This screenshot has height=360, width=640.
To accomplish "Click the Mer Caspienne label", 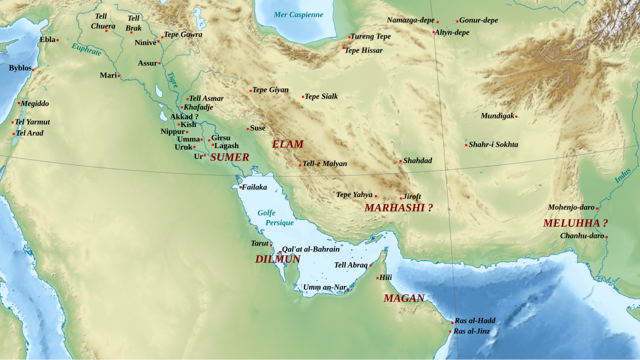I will click(x=298, y=14).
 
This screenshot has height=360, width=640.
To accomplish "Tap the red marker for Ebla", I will click(x=57, y=40).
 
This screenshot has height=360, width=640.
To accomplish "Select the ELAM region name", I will click(x=287, y=144).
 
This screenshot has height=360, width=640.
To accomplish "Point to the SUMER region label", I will click(x=229, y=157).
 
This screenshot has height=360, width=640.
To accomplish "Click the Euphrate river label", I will click(x=86, y=49).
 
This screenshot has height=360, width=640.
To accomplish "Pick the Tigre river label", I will click(x=172, y=80).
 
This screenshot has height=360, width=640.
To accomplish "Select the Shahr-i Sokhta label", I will click(x=493, y=144).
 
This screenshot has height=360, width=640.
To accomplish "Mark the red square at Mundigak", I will click(x=516, y=117).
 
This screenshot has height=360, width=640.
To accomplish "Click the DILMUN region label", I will click(x=277, y=259).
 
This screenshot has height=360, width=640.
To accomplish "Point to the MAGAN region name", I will click(x=404, y=298).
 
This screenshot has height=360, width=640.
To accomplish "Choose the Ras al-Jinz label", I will click(x=471, y=331).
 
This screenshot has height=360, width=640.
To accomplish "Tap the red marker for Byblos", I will click(x=33, y=69).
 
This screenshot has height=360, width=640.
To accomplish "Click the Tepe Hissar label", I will click(x=363, y=50).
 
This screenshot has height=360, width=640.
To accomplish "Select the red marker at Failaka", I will click(x=240, y=187).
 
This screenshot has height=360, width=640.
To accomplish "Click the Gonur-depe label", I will click(x=478, y=20).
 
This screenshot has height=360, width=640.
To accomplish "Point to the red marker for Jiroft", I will click(x=401, y=198).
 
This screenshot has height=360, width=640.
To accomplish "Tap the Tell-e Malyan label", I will click(x=324, y=163).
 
